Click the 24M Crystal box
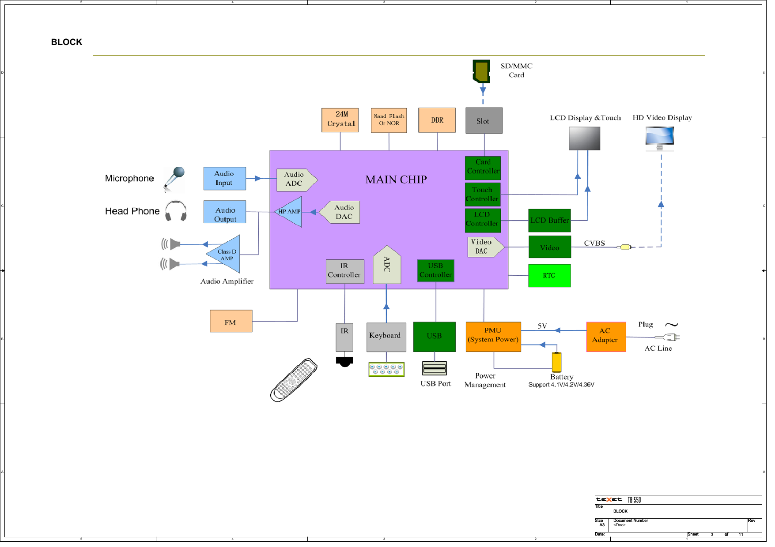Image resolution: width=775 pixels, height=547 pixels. pyautogui.click(x=340, y=120)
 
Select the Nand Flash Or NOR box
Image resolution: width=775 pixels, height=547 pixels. pyautogui.click(x=389, y=120)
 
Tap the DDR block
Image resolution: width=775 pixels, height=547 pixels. pyautogui.click(x=437, y=120)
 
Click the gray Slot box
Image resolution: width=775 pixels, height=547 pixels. pyautogui.click(x=484, y=120)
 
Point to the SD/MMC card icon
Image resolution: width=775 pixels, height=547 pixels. pyautogui.click(x=481, y=71)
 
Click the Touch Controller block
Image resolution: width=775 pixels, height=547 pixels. pyautogui.click(x=482, y=195)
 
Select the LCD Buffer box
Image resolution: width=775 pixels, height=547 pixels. pyautogui.click(x=549, y=221)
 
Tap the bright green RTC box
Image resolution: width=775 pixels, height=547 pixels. pyautogui.click(x=549, y=276)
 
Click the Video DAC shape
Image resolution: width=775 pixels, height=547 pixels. pyautogui.click(x=484, y=247)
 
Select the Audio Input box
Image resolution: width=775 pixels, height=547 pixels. pyautogui.click(x=224, y=178)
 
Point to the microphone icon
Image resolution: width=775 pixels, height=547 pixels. pyautogui.click(x=174, y=179)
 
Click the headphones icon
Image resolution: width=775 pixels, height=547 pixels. pyautogui.click(x=176, y=211)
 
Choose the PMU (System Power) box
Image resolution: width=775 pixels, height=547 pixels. pyautogui.click(x=493, y=337)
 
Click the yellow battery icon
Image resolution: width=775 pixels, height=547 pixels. pyautogui.click(x=556, y=362)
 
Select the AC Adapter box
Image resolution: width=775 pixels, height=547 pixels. pyautogui.click(x=605, y=337)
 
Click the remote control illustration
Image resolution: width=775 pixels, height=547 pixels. pyautogui.click(x=294, y=380)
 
